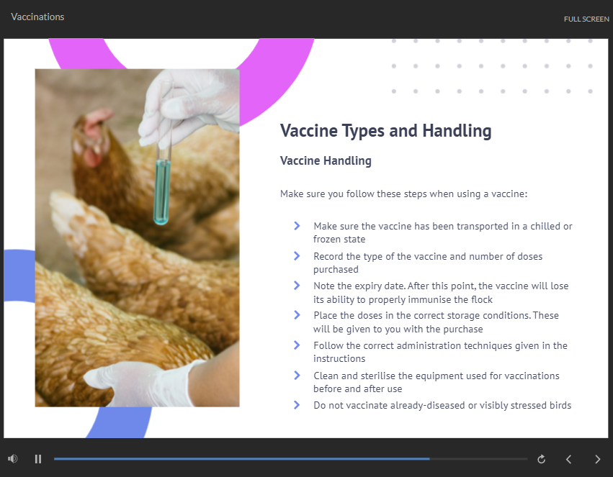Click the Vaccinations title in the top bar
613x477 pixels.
pyautogui.click(x=37, y=17)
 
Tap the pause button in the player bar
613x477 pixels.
pyautogui.click(x=38, y=459)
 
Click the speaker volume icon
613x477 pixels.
pyautogui.click(x=12, y=459)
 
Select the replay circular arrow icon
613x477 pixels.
pyautogui.click(x=542, y=459)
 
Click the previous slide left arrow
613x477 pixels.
pyautogui.click(x=569, y=460)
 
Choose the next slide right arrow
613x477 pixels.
pyautogui.click(x=597, y=460)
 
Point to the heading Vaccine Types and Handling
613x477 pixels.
pyautogui.click(x=385, y=131)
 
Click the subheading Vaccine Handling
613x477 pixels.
pyautogui.click(x=326, y=160)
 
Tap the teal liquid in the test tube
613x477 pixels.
pyautogui.click(x=161, y=192)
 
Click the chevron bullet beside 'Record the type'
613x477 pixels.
pyautogui.click(x=297, y=256)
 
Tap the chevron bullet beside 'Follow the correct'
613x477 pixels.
pyautogui.click(x=297, y=345)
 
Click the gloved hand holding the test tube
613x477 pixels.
pyautogui.click(x=189, y=105)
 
